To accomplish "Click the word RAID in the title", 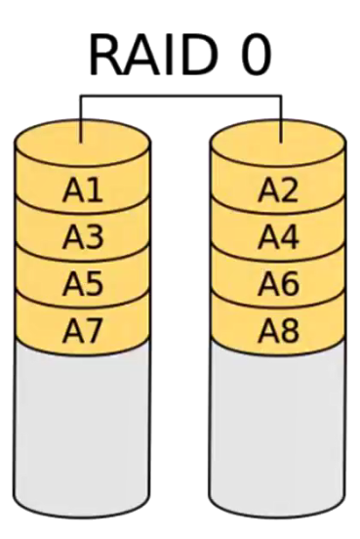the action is point(150,55).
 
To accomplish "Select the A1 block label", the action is point(83,191).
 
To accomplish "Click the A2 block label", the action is point(278,191).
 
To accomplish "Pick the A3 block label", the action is point(83,237).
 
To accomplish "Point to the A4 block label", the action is point(278,237).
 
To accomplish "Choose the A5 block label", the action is point(83,284).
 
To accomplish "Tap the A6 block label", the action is point(278,284).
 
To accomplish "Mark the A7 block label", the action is point(83,331).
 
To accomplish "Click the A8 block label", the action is point(278,331).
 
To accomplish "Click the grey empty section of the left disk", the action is point(83,430).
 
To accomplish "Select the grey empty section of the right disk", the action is point(278,430).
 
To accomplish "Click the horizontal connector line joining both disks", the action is point(180,96).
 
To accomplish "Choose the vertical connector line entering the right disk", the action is point(281,117).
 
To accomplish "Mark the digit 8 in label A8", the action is point(289,331).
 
